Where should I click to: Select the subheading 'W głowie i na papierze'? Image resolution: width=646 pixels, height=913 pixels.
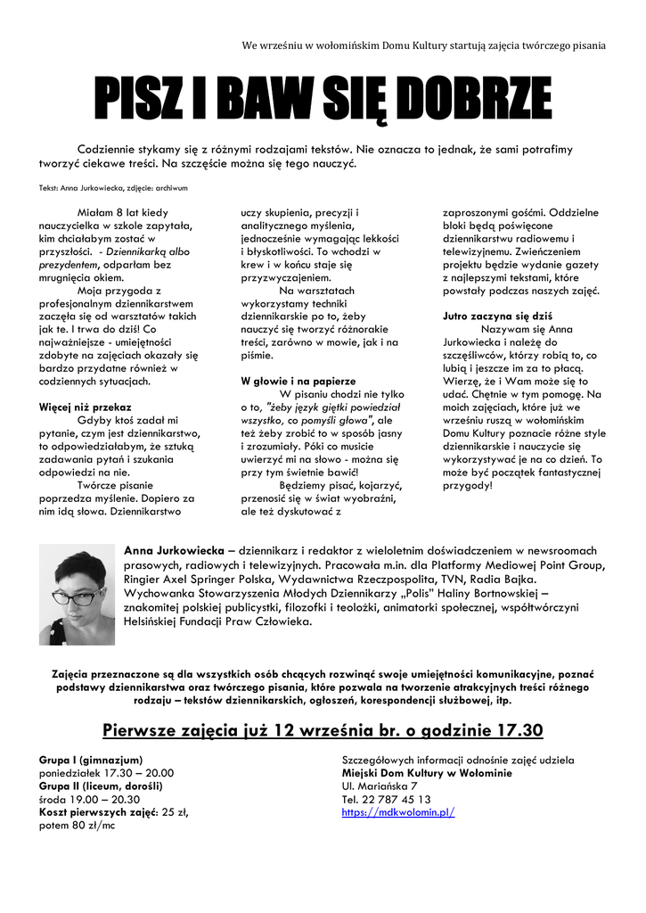[298, 381]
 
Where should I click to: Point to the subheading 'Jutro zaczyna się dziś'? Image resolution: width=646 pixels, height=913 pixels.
[498, 316]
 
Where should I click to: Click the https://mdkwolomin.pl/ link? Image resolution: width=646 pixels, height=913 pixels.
[398, 812]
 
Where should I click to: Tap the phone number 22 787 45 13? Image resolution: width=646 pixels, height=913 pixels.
[399, 799]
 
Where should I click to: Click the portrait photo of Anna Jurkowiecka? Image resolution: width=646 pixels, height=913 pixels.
[77, 595]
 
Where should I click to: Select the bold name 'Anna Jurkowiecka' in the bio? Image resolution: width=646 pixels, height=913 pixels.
[174, 550]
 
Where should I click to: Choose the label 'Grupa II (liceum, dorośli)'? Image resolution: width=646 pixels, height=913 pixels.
[101, 786]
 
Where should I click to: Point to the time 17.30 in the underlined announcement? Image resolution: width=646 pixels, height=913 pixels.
[514, 730]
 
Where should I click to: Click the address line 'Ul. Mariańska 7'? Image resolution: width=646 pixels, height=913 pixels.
[380, 786]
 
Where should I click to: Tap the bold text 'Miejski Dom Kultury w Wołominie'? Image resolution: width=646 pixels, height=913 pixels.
[427, 773]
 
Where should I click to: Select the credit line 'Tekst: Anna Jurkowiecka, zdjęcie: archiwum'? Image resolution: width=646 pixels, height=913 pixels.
[113, 188]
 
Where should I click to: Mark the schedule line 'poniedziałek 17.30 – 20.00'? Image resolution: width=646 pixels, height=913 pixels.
[106, 773]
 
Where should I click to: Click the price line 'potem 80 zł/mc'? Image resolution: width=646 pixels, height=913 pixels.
[78, 826]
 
